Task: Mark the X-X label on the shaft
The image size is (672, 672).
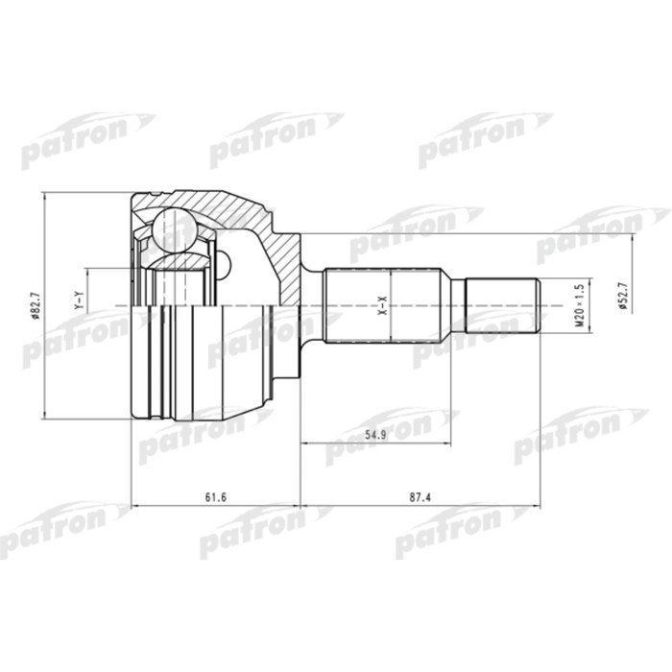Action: (x=381, y=306)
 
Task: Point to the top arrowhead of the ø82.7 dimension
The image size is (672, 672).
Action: (x=45, y=198)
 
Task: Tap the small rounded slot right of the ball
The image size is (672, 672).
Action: (x=226, y=262)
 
